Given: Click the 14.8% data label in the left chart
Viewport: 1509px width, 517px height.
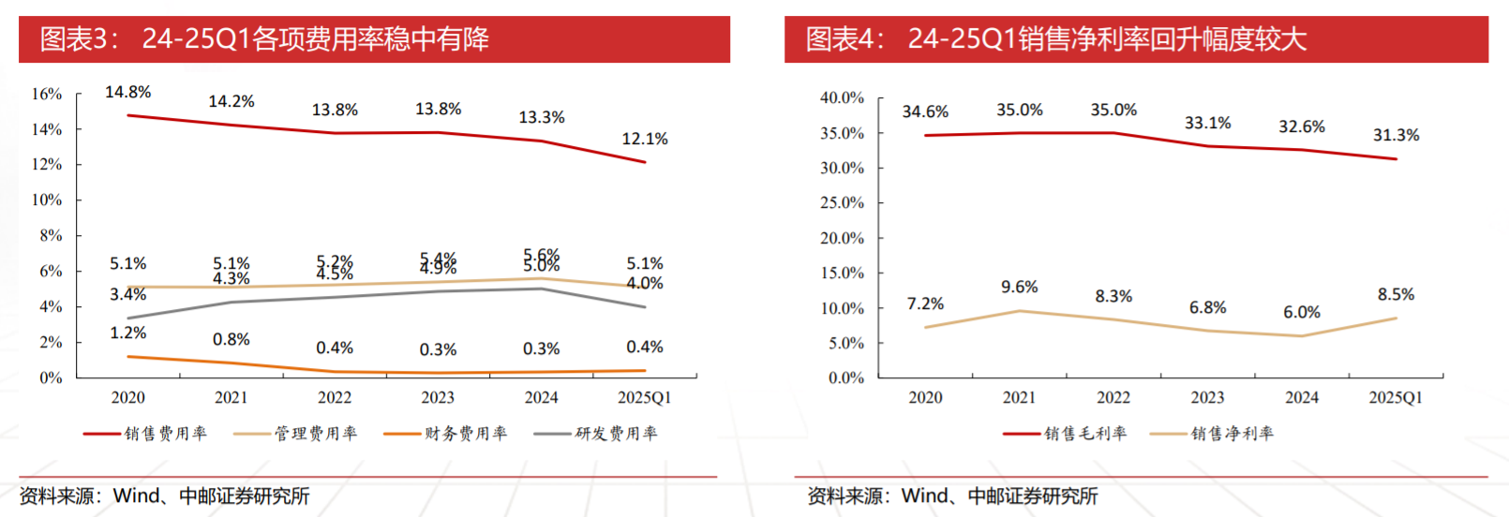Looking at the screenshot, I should pyautogui.click(x=127, y=92).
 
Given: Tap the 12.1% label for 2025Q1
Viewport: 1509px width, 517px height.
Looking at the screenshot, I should pyautogui.click(x=645, y=139).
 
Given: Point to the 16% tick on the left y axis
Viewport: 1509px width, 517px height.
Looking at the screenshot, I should pyautogui.click(x=47, y=94).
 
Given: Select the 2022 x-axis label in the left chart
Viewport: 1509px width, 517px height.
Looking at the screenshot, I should pyautogui.click(x=335, y=397).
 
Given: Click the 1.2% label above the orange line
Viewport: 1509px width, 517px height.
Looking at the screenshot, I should pyautogui.click(x=127, y=332).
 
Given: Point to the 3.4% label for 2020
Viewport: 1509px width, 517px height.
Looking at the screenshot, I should pyautogui.click(x=127, y=294).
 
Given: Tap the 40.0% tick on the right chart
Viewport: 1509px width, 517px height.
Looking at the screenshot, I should pyautogui.click(x=842, y=97).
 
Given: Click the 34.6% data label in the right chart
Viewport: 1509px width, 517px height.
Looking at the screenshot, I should pyautogui.click(x=925, y=111).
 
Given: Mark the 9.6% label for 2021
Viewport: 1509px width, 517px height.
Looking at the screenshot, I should pyautogui.click(x=1019, y=287).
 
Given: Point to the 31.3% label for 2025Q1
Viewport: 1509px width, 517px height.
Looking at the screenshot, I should pyautogui.click(x=1396, y=135).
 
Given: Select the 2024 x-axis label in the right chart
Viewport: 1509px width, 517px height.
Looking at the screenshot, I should pyautogui.click(x=1301, y=397).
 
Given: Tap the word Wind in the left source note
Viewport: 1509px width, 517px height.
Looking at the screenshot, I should pyautogui.click(x=137, y=495).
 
